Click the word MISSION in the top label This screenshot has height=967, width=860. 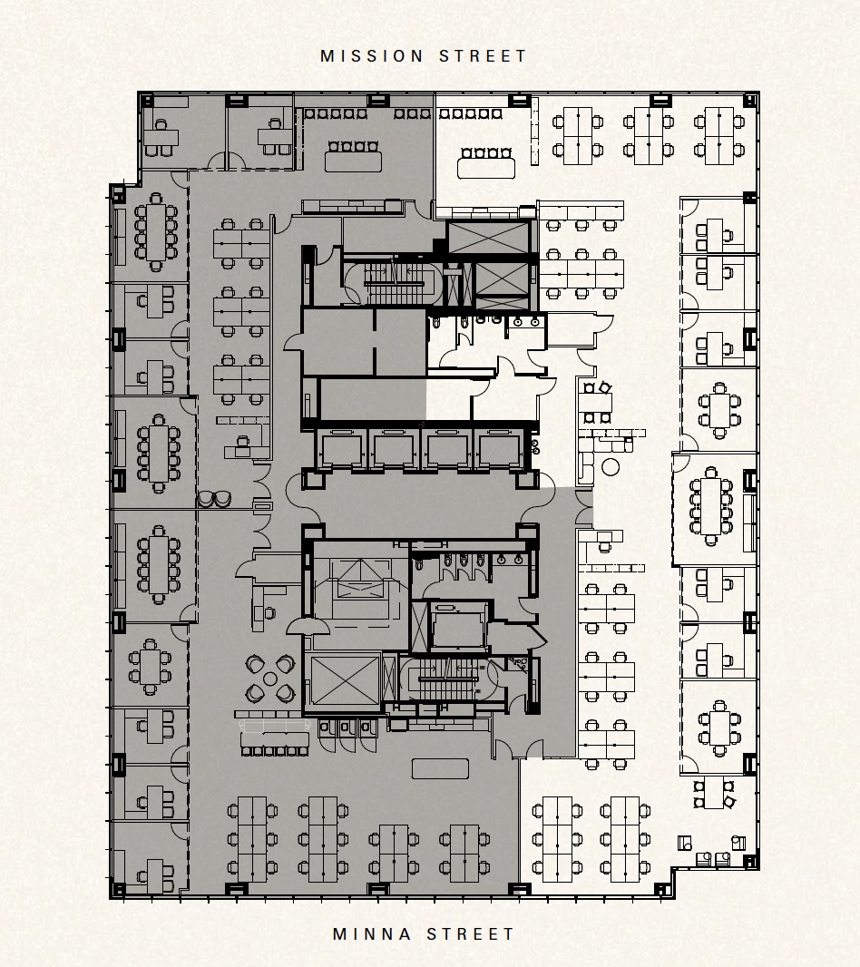(x=372, y=56)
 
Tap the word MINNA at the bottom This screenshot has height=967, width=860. (x=372, y=934)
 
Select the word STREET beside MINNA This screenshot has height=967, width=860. (x=470, y=934)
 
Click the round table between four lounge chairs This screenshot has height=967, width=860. (x=269, y=679)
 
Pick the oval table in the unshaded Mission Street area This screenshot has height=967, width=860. (x=486, y=168)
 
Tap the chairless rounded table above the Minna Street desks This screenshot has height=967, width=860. (x=440, y=768)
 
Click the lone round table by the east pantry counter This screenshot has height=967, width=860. (x=611, y=467)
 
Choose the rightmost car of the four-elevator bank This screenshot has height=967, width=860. (x=499, y=450)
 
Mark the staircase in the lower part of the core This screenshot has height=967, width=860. (x=447, y=679)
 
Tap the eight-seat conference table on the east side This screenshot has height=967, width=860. (x=710, y=506)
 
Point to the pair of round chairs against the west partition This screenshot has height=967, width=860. (x=214, y=499)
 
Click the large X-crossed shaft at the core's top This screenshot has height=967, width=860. (x=488, y=238)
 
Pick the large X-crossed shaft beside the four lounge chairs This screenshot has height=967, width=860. (x=345, y=680)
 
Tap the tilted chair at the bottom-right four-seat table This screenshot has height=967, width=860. (x=729, y=802)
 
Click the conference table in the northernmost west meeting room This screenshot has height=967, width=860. (x=156, y=231)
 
